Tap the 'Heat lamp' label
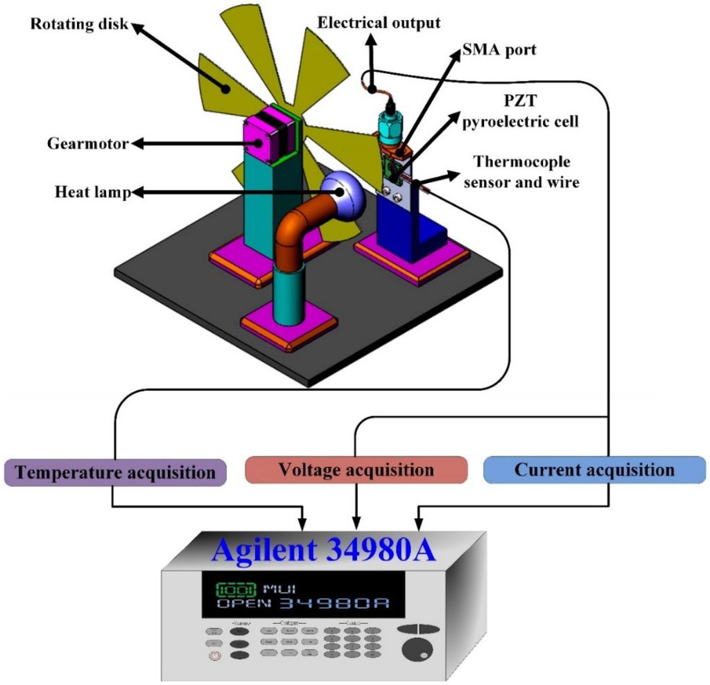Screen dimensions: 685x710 tap(92, 192)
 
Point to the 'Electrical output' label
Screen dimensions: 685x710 tap(379, 23)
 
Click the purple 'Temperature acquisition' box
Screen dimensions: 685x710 tap(115, 472)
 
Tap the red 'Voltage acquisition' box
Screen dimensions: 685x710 tap(356, 470)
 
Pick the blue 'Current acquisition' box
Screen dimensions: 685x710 tap(594, 470)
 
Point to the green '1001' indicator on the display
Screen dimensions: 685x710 tap(236, 590)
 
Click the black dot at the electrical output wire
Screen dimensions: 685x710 tap(372, 89)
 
